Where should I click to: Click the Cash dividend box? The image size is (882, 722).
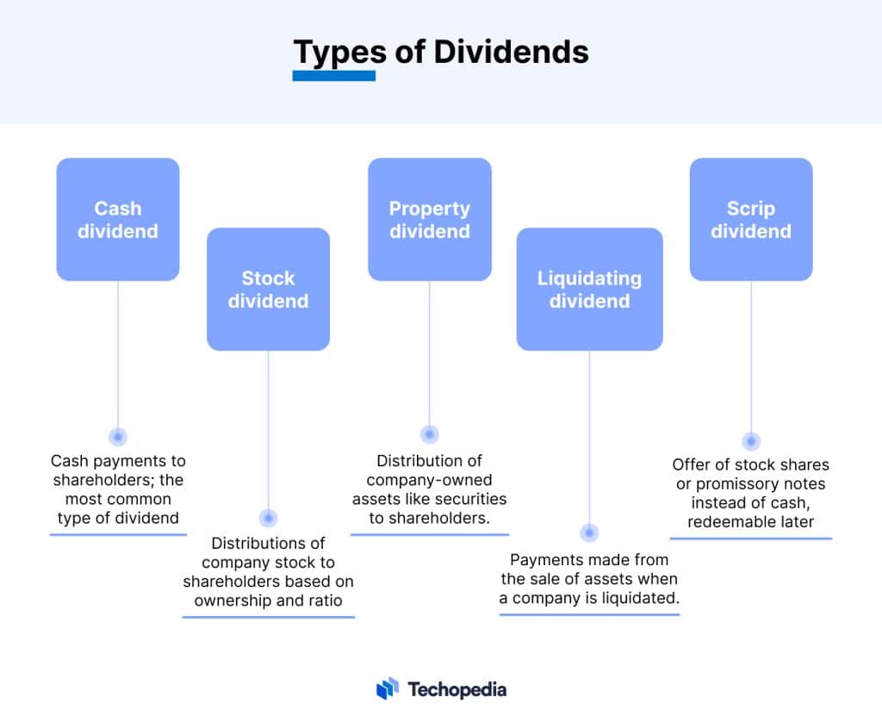[x=118, y=220]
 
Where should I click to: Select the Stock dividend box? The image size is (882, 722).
[x=268, y=289]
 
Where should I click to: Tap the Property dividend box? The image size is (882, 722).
[x=430, y=220]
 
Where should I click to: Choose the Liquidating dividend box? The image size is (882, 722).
[x=590, y=289]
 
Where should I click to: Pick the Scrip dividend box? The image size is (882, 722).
[x=751, y=220]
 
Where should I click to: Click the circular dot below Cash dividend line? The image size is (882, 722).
[x=118, y=437]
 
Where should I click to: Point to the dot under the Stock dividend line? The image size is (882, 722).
[x=268, y=518]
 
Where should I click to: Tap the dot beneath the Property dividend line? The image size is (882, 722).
[x=430, y=435]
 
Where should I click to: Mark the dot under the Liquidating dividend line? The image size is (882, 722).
[x=590, y=533]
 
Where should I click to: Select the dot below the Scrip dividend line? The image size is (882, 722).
[x=751, y=441]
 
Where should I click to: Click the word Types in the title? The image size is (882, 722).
[x=339, y=53]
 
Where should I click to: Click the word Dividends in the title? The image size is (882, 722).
[x=511, y=52]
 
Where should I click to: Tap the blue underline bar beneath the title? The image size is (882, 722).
[x=334, y=76]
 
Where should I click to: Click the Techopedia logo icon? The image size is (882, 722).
[x=388, y=688]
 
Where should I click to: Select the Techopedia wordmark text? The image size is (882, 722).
[x=457, y=689]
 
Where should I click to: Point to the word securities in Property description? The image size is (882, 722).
[x=473, y=499]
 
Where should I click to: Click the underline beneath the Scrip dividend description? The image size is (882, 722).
[x=751, y=538]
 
